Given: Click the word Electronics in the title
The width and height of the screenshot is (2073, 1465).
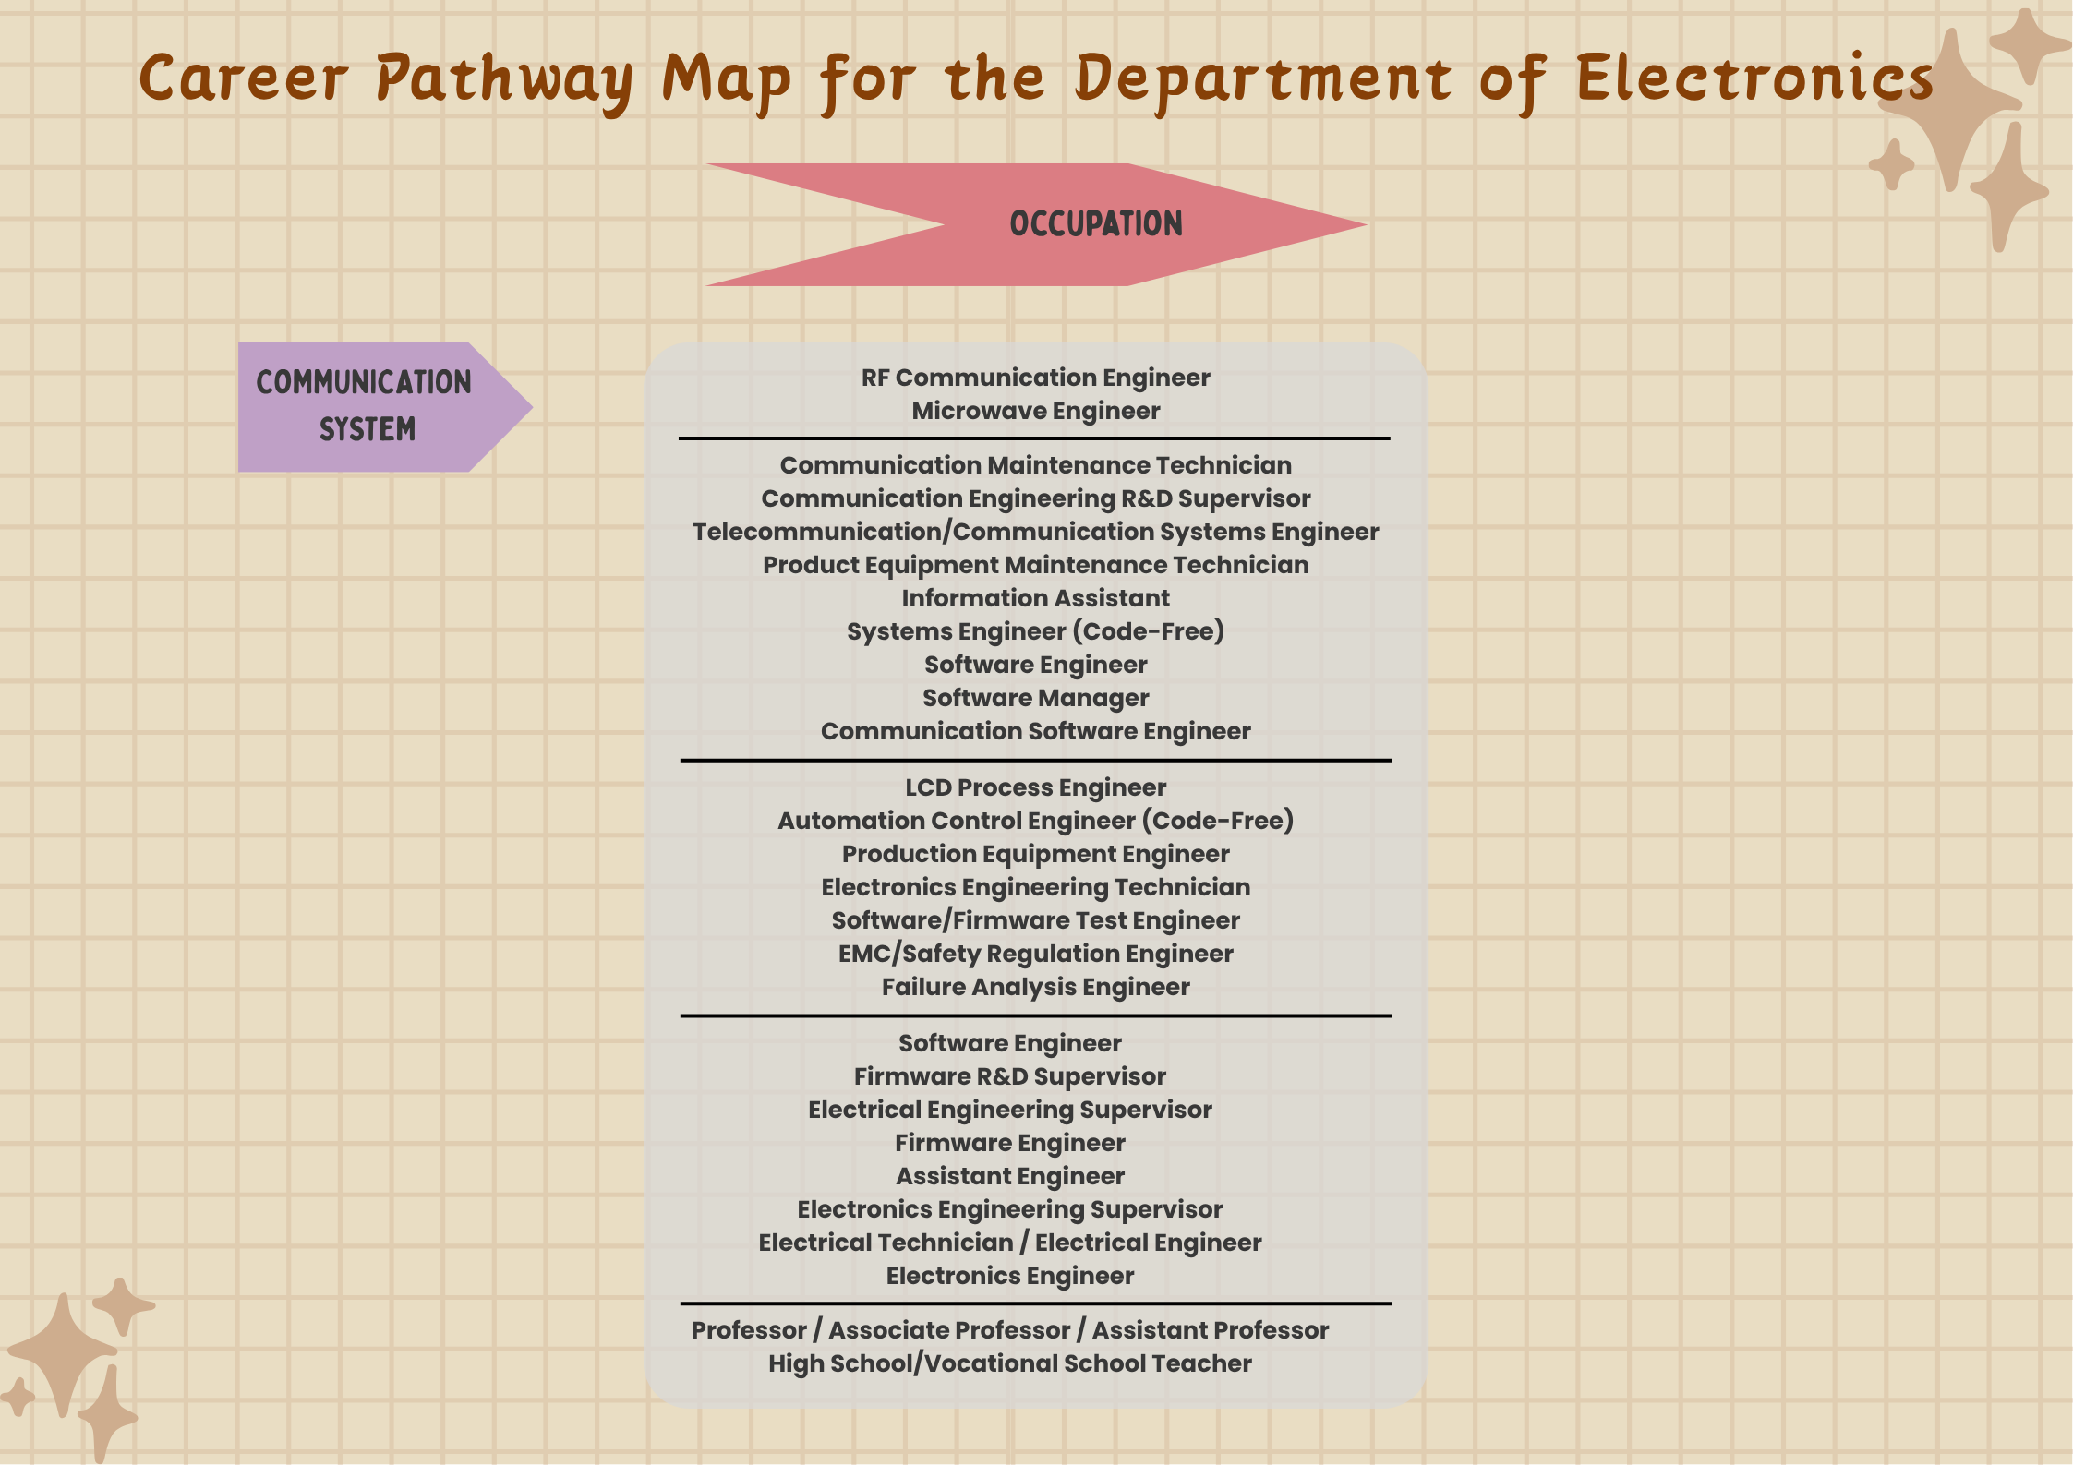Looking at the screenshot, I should point(1754,78).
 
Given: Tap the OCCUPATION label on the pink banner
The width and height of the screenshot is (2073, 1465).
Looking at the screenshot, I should point(1095,224).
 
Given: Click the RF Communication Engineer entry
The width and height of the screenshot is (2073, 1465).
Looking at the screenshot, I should point(1035,378).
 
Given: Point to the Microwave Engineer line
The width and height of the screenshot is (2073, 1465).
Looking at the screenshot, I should point(1035,411).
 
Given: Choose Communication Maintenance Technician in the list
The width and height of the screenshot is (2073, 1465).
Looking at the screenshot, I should point(1035,465).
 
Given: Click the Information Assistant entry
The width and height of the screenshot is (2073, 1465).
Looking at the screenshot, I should point(1035,598).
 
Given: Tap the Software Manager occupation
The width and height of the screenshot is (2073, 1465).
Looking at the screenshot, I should point(1035,698).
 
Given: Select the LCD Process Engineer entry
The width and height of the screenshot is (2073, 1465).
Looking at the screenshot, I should point(1035,787).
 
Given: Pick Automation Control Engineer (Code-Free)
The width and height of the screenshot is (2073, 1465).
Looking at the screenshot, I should point(1035,821).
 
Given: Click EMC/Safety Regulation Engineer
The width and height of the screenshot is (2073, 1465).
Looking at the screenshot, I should point(1035,954).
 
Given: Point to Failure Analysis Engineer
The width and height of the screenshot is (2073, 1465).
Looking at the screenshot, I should point(1035,987).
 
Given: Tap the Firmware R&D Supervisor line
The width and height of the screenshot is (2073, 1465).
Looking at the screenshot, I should point(1009,1076).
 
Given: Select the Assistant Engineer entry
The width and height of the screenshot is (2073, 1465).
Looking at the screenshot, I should point(1009,1176).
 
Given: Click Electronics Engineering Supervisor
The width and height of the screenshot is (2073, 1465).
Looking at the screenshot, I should point(1009,1209).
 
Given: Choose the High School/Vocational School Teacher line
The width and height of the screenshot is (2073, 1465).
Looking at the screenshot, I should point(1009,1363).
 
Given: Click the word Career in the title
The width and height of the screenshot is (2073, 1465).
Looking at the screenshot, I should point(244,78).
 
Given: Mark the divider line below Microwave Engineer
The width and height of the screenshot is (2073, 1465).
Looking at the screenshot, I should point(1034,438).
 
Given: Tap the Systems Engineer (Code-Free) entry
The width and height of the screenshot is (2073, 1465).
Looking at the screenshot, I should point(1035,631).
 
